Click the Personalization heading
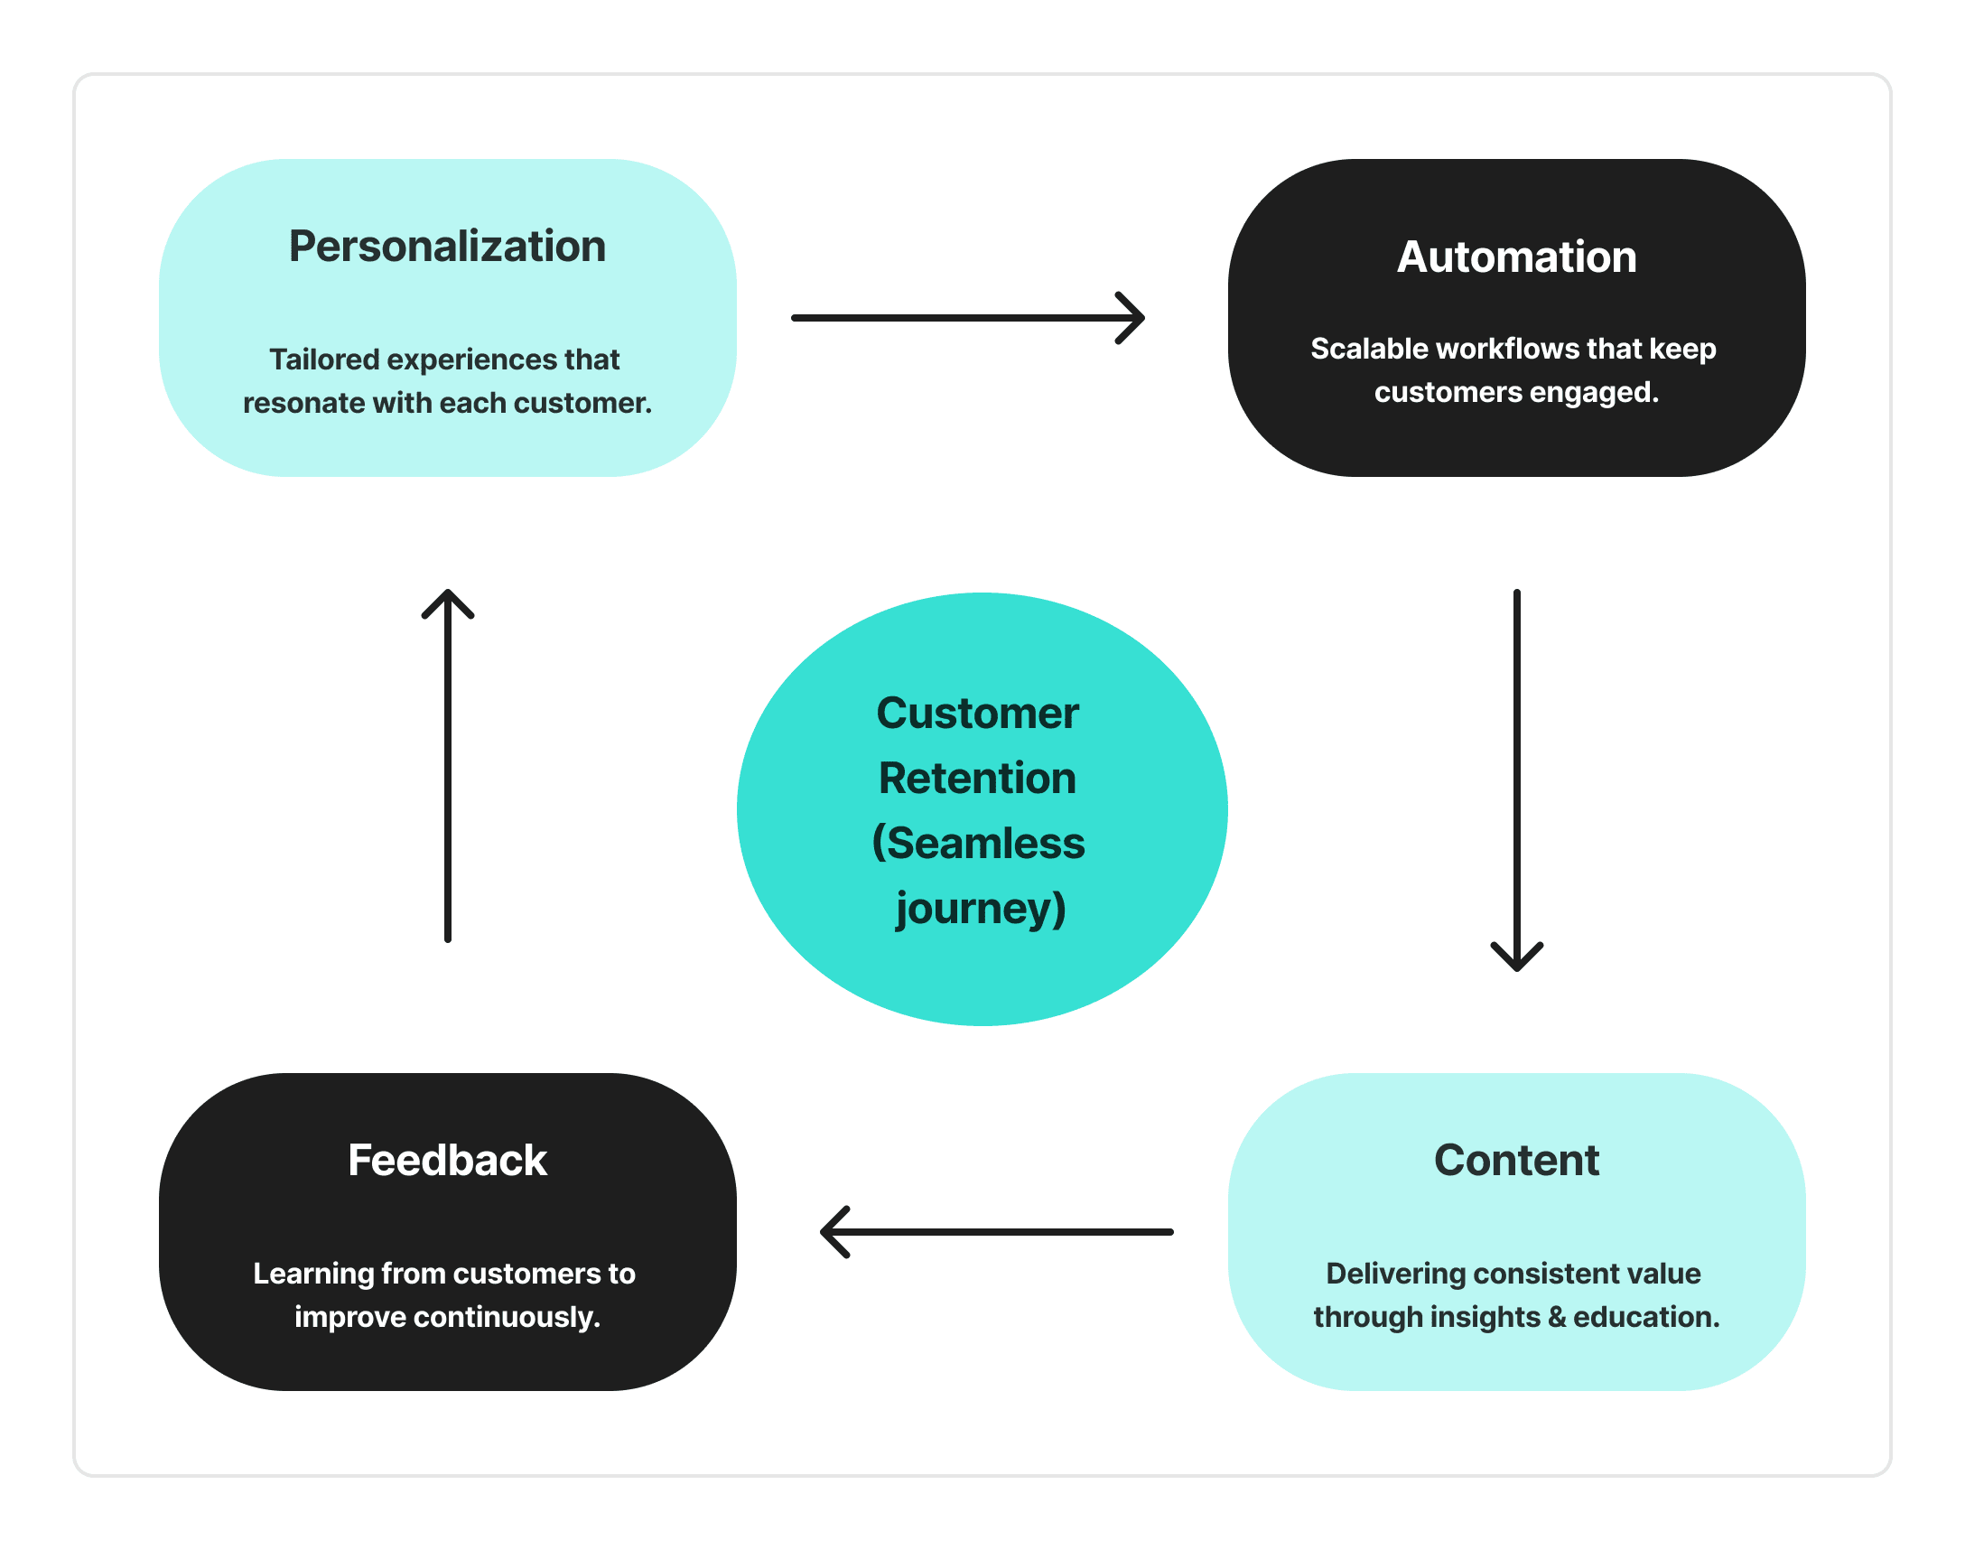click(447, 247)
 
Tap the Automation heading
click(1517, 257)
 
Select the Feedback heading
click(447, 1160)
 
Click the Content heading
click(1516, 1160)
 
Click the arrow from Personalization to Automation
click(967, 318)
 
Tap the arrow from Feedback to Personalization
click(448, 766)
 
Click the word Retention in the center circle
click(977, 779)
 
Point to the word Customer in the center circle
click(977, 714)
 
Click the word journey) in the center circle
click(981, 909)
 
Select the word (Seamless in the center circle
click(978, 843)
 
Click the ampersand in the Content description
click(1557, 1317)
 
